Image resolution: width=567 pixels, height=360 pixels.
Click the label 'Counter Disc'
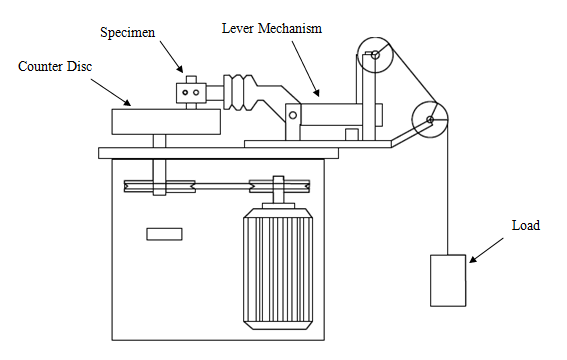(x=55, y=67)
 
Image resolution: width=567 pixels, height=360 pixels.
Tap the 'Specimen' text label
(x=127, y=33)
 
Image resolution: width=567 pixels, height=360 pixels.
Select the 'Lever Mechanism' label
(x=272, y=28)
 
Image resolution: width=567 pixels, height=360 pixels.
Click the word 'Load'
(x=526, y=225)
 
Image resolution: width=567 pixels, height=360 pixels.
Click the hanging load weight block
(x=448, y=280)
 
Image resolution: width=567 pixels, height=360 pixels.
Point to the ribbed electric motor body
(x=278, y=268)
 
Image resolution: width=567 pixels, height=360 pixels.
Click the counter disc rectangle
(x=166, y=122)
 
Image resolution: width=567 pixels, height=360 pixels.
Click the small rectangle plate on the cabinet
(x=164, y=234)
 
